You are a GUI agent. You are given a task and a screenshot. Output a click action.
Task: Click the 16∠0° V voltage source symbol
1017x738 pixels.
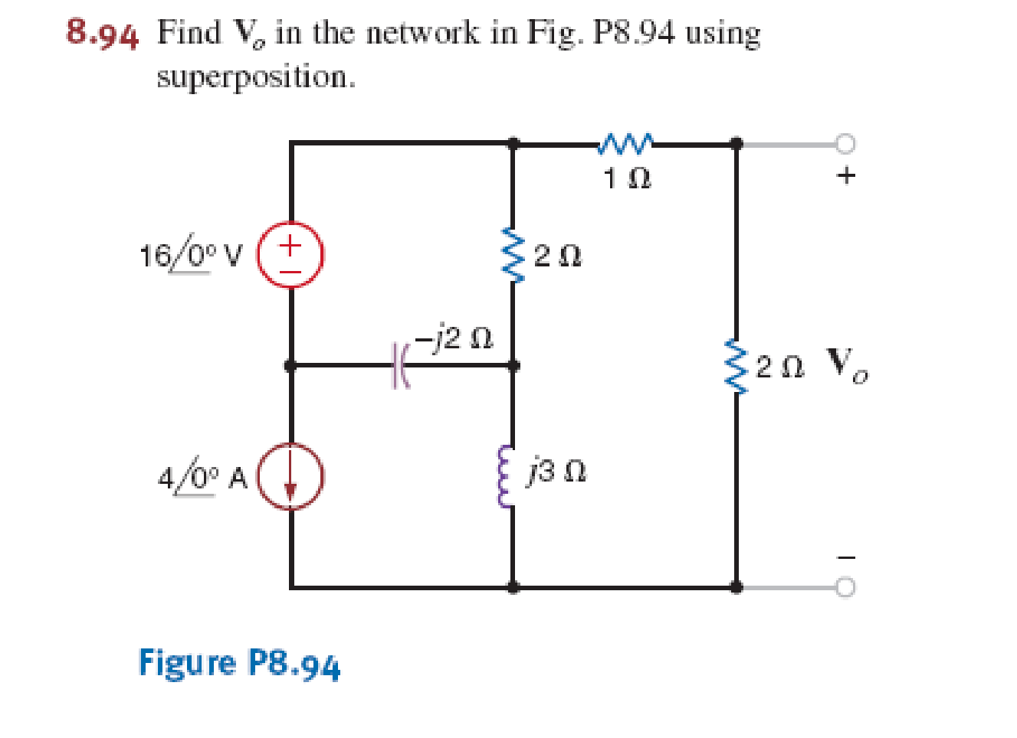tap(290, 256)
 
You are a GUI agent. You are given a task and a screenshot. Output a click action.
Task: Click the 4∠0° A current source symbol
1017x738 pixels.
tap(290, 476)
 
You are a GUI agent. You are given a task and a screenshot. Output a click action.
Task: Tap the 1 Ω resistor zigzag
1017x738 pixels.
tap(626, 142)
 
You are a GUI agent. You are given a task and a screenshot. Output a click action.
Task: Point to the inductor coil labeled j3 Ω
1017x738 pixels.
tap(505, 476)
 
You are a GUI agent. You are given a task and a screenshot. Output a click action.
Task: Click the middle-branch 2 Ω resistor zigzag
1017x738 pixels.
tap(512, 255)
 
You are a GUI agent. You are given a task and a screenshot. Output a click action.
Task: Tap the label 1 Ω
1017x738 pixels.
tap(627, 179)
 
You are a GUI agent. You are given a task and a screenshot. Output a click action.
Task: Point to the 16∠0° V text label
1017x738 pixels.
tap(190, 255)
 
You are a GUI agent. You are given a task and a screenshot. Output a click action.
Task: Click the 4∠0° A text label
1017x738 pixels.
tap(202, 478)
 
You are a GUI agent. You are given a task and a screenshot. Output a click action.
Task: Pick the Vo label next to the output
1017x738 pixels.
tap(848, 364)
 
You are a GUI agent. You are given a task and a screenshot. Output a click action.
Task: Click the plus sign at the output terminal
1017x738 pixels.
tap(845, 175)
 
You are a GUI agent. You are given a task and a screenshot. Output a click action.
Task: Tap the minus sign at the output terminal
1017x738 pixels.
tap(845, 557)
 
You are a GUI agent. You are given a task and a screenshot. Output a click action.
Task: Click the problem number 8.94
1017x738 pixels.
tap(103, 34)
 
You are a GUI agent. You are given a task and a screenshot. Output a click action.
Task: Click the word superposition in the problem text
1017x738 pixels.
tap(256, 77)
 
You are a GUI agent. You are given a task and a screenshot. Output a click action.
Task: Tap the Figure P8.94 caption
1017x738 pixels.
tap(238, 663)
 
